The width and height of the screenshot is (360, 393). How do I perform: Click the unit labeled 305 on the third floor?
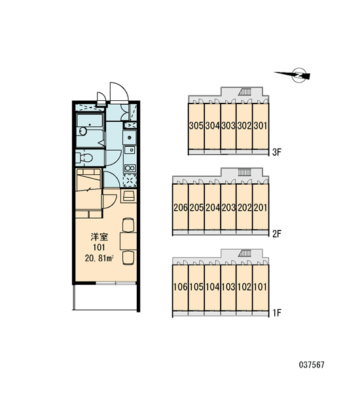[196, 126]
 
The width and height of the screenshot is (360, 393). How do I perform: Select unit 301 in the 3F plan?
[261, 126]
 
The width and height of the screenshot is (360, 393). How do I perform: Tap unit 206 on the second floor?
[180, 207]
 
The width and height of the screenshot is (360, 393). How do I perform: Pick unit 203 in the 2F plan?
[228, 207]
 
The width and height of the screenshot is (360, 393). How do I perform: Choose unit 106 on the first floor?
[180, 288]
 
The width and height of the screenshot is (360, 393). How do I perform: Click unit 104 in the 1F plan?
[213, 288]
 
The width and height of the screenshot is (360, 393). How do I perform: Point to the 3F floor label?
[277, 152]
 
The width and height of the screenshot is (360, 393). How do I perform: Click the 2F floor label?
[277, 234]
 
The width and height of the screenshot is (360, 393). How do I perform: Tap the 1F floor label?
[277, 313]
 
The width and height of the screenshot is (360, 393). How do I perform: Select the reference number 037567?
[312, 365]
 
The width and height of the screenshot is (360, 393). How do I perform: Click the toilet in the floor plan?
[84, 158]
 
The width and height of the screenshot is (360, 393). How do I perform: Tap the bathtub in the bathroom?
[90, 122]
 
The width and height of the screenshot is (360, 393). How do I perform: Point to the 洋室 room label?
[99, 237]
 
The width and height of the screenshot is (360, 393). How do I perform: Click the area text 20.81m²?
[99, 258]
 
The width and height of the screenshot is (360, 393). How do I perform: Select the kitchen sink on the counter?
[130, 150]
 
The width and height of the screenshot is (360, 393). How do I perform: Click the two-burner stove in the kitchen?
[130, 168]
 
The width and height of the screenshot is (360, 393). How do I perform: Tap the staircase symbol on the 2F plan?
[245, 173]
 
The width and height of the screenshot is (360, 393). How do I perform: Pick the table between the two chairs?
[128, 241]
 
